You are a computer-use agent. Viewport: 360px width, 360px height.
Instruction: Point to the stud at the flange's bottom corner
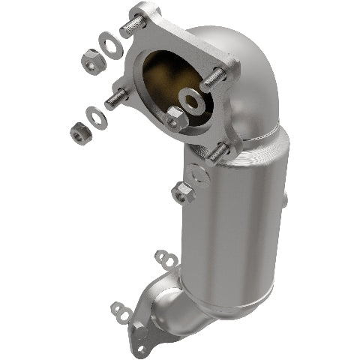click(217, 151)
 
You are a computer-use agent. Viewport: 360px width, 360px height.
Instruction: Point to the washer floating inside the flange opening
click(189, 99)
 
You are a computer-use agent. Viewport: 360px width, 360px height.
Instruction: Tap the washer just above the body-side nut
click(199, 174)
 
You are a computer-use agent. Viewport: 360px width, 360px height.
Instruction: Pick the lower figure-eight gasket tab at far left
click(119, 307)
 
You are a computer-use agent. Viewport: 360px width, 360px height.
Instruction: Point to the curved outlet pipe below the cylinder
click(180, 304)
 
